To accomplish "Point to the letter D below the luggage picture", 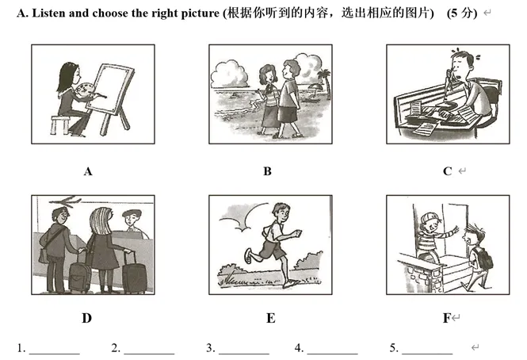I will (x=86, y=319).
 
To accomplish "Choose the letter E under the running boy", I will (x=270, y=319).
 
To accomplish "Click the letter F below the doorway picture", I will (x=447, y=319).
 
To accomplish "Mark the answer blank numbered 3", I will (x=243, y=350).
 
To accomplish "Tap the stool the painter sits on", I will (x=59, y=124).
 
